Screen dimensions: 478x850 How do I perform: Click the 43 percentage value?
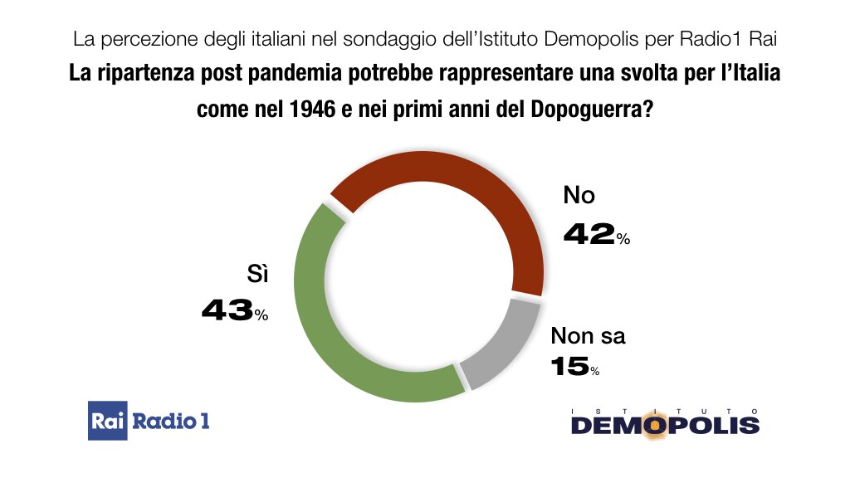click(227, 311)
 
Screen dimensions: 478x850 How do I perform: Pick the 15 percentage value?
click(569, 366)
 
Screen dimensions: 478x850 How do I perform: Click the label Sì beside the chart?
click(259, 276)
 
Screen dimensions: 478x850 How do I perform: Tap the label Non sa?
click(589, 336)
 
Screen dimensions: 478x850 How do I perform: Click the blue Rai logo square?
click(107, 422)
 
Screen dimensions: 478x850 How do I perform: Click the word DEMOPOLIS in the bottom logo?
click(664, 426)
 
